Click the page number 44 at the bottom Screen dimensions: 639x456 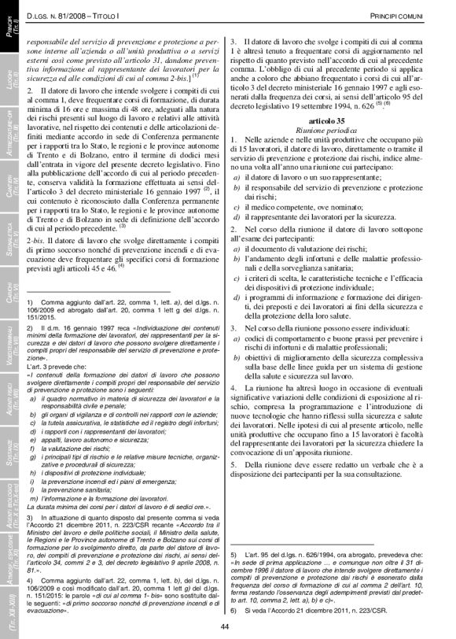[223, 626]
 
